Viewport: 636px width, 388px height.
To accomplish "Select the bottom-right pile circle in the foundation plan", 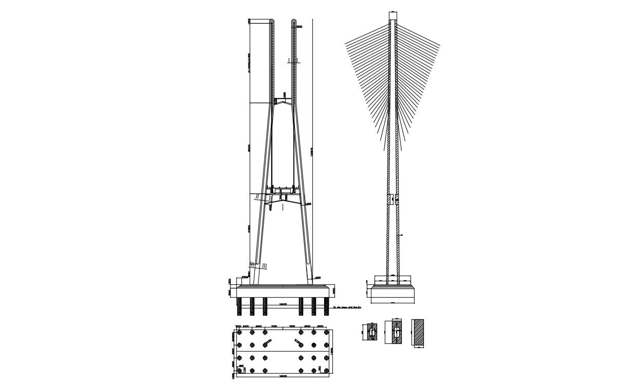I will [x=326, y=370].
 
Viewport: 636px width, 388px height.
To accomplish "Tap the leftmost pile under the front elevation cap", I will [x=239, y=306].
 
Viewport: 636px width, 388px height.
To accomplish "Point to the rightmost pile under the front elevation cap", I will [x=326, y=306].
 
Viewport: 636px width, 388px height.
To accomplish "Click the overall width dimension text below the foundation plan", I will [x=283, y=376].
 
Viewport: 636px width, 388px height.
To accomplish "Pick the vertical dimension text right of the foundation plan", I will [x=332, y=351].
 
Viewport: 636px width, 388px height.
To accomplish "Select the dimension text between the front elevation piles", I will [x=283, y=304].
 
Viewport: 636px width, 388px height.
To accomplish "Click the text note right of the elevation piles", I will [x=348, y=307].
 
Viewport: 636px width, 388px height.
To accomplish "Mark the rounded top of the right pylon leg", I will [x=294, y=22].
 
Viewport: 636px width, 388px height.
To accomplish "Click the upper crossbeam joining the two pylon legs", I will [x=283, y=102].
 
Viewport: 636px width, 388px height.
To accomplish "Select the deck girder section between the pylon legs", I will [x=283, y=192].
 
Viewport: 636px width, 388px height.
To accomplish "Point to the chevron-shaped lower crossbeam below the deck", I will [x=283, y=204].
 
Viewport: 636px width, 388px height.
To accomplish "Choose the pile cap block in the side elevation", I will [x=393, y=293].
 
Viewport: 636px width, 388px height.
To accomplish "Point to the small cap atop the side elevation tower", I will [x=393, y=15].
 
